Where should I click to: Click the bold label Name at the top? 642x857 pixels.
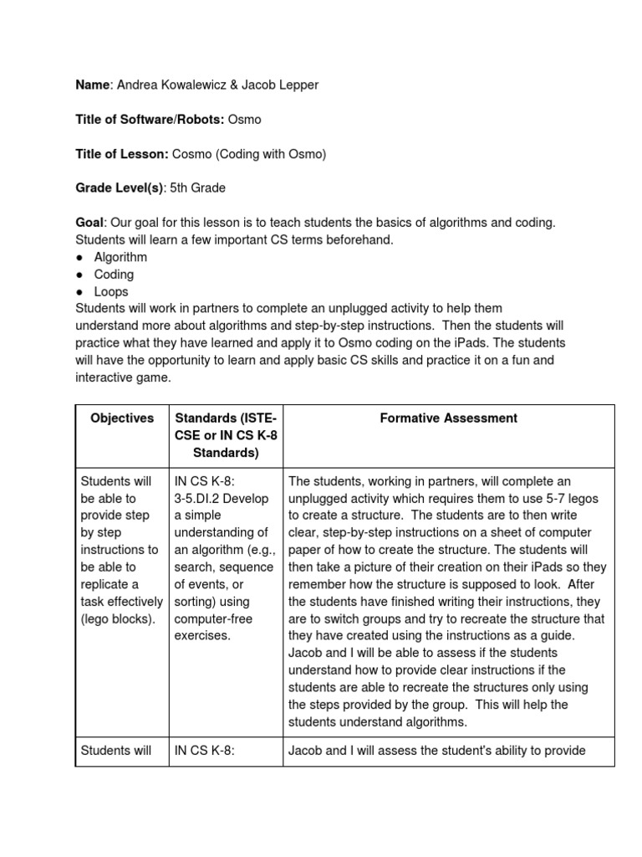coord(92,85)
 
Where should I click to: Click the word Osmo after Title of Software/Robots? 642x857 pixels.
coord(244,120)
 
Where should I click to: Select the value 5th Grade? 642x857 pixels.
coord(197,188)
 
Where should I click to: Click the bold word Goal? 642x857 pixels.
coord(89,223)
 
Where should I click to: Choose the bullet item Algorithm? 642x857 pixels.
coord(120,257)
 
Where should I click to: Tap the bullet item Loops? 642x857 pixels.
coord(111,292)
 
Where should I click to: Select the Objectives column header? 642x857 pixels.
coord(122,418)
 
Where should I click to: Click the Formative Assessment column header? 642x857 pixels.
coord(448,418)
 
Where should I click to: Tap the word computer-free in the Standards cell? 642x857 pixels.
coord(212,618)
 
